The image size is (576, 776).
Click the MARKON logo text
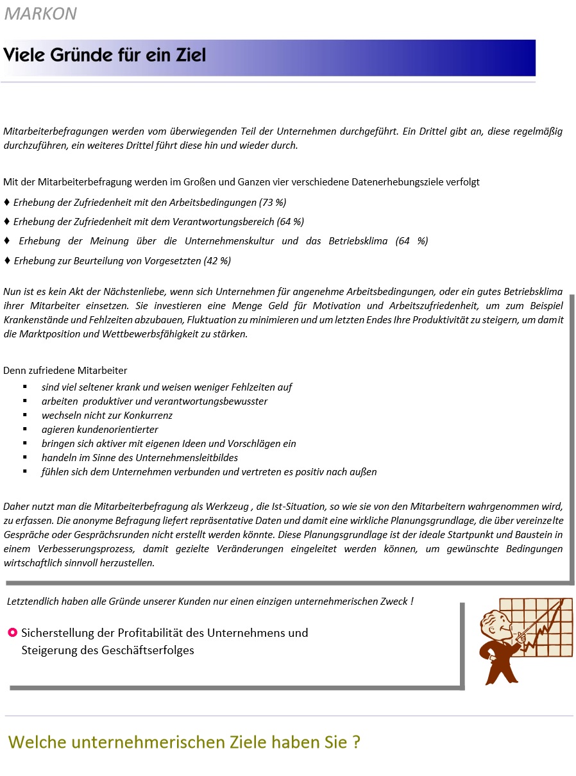click(40, 13)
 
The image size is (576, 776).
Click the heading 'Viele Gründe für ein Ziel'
click(105, 55)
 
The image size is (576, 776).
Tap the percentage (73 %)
click(273, 203)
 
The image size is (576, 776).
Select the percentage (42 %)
click(217, 261)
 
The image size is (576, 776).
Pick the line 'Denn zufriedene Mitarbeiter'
click(65, 371)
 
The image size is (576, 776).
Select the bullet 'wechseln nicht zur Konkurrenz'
click(107, 416)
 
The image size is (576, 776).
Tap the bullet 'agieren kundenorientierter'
click(99, 430)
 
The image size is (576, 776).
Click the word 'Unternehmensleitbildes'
click(185, 458)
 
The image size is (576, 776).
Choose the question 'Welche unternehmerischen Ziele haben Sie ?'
click(184, 743)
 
